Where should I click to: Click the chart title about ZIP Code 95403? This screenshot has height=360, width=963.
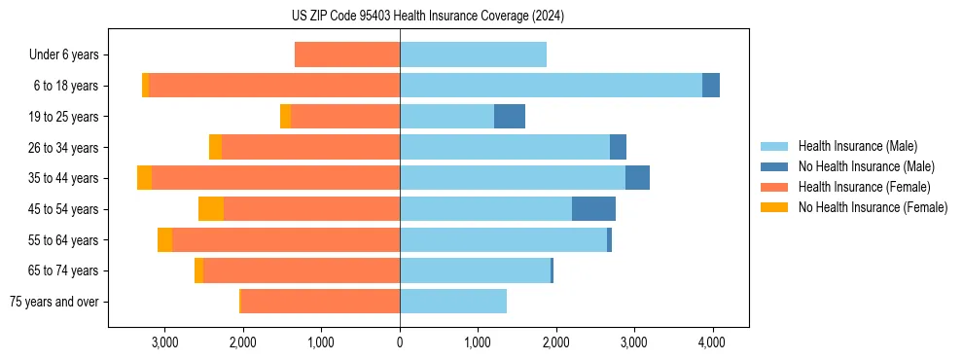[x=427, y=16]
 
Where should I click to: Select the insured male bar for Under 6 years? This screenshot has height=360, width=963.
[x=473, y=54]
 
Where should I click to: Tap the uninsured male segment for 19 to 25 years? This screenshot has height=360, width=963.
[x=510, y=117]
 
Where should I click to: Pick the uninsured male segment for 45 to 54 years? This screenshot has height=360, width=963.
[x=593, y=209]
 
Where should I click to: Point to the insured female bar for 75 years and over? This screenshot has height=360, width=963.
[x=320, y=302]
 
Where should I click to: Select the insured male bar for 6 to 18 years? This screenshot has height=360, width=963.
[x=551, y=86]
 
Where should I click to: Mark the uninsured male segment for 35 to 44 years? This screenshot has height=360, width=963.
[x=637, y=178]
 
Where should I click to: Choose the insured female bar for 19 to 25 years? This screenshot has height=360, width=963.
[x=345, y=117]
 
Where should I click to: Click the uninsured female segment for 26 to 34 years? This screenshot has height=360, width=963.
[x=215, y=147]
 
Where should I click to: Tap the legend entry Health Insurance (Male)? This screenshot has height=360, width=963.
[x=857, y=146]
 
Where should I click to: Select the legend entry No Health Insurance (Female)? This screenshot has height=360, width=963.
[x=873, y=207]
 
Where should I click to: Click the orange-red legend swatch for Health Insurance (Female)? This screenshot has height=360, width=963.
[x=775, y=187]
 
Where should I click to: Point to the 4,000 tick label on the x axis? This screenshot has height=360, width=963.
[x=712, y=342]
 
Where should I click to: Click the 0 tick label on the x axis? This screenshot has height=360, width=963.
[x=400, y=342]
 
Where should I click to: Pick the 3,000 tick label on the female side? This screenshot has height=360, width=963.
[x=164, y=342]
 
